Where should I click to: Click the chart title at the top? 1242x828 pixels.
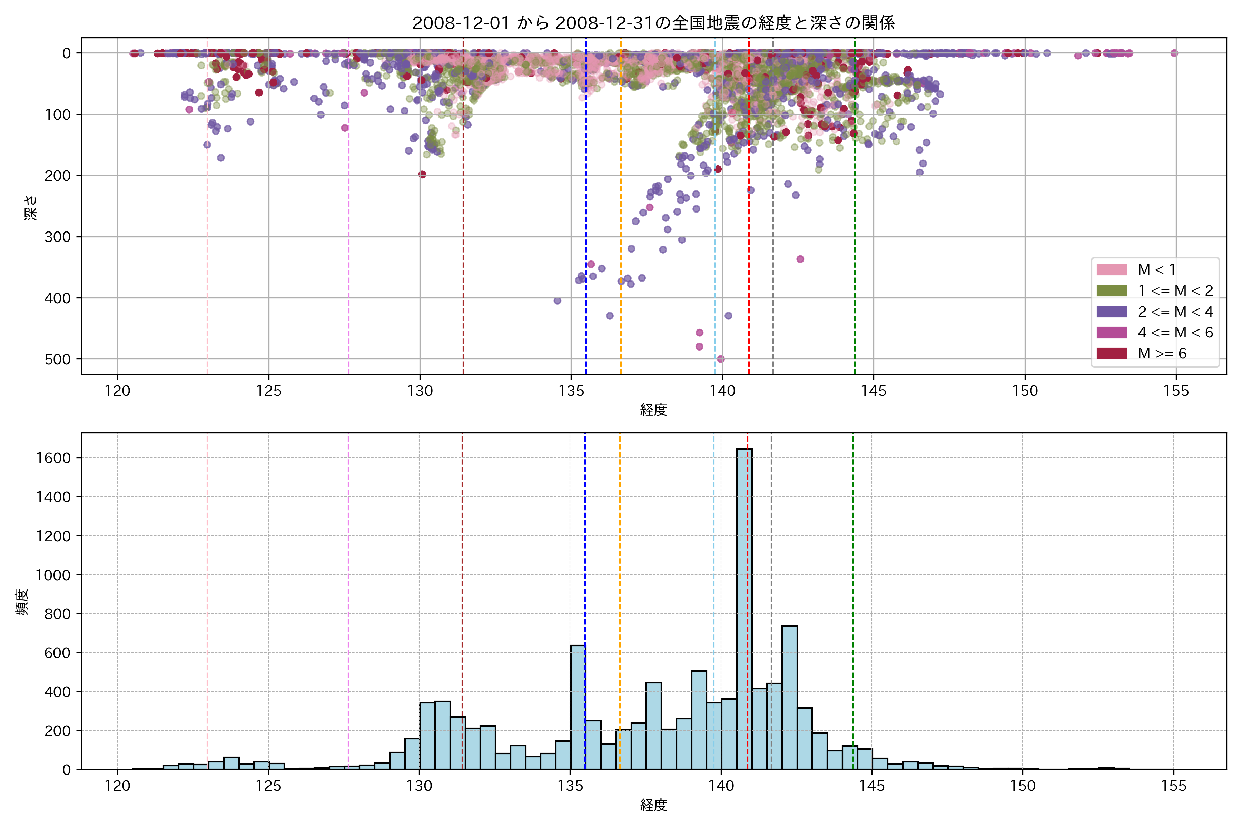coord(653,23)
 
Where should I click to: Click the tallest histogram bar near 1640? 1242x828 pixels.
coord(745,607)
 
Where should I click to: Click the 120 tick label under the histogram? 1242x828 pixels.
coord(117,786)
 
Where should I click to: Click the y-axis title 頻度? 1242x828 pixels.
coord(22,602)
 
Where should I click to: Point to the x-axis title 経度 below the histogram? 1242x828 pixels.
coord(653,805)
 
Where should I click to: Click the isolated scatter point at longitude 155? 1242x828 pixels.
coord(1174,53)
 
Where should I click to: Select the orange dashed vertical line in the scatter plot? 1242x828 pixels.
coord(621,158)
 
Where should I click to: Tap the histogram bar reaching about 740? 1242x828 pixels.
coord(789,697)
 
